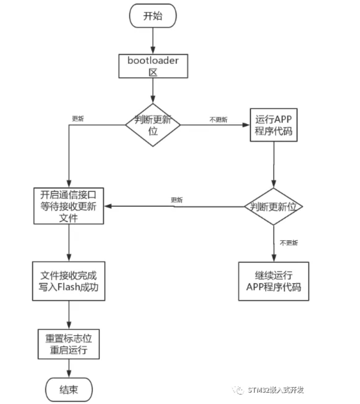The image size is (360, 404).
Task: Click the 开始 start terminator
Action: click(153, 16)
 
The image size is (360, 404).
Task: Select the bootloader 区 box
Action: click(153, 66)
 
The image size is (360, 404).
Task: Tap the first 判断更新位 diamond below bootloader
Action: click(153, 125)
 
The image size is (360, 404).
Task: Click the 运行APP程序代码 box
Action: click(274, 125)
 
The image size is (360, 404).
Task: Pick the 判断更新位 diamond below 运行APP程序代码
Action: click(273, 206)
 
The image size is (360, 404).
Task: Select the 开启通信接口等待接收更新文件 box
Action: click(69, 206)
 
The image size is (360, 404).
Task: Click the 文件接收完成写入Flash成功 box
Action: click(69, 281)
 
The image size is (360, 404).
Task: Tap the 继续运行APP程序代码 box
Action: click(274, 281)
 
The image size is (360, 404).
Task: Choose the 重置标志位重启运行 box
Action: click(69, 344)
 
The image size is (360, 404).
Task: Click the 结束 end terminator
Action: click(69, 390)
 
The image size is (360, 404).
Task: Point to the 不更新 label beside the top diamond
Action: click(219, 120)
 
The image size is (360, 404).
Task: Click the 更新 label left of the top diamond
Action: click(78, 118)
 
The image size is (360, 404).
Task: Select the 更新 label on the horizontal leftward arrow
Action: click(177, 200)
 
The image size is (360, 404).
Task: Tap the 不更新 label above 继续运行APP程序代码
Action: click(289, 243)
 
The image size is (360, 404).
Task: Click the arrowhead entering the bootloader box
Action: click(153, 51)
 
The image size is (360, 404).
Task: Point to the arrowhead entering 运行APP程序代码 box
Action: click(246, 125)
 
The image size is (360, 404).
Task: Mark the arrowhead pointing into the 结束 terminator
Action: click(69, 374)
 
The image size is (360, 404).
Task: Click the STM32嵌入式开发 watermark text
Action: click(276, 390)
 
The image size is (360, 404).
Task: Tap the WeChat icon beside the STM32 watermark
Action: click(238, 390)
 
